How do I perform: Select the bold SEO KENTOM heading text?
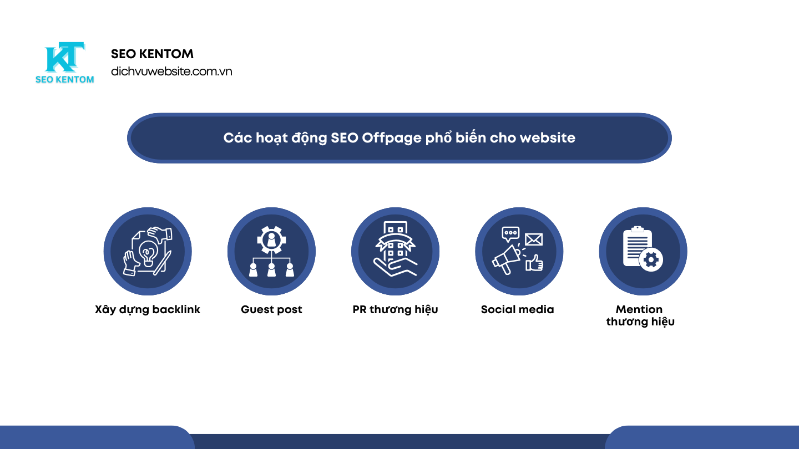point(152,54)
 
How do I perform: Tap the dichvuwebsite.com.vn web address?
point(171,72)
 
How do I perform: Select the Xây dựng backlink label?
point(148,309)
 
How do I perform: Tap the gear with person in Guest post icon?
point(271,239)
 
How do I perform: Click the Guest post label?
point(271,309)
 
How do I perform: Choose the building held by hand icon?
point(395,249)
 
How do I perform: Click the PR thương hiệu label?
point(395,309)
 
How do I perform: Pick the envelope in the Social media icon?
point(533,239)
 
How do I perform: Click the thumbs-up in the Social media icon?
point(534,263)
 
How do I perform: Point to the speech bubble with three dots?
point(510,233)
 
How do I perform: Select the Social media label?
point(517,309)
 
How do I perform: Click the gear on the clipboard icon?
point(651,259)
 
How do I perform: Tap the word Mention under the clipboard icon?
point(639,309)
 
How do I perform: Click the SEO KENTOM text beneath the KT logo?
point(64,79)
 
